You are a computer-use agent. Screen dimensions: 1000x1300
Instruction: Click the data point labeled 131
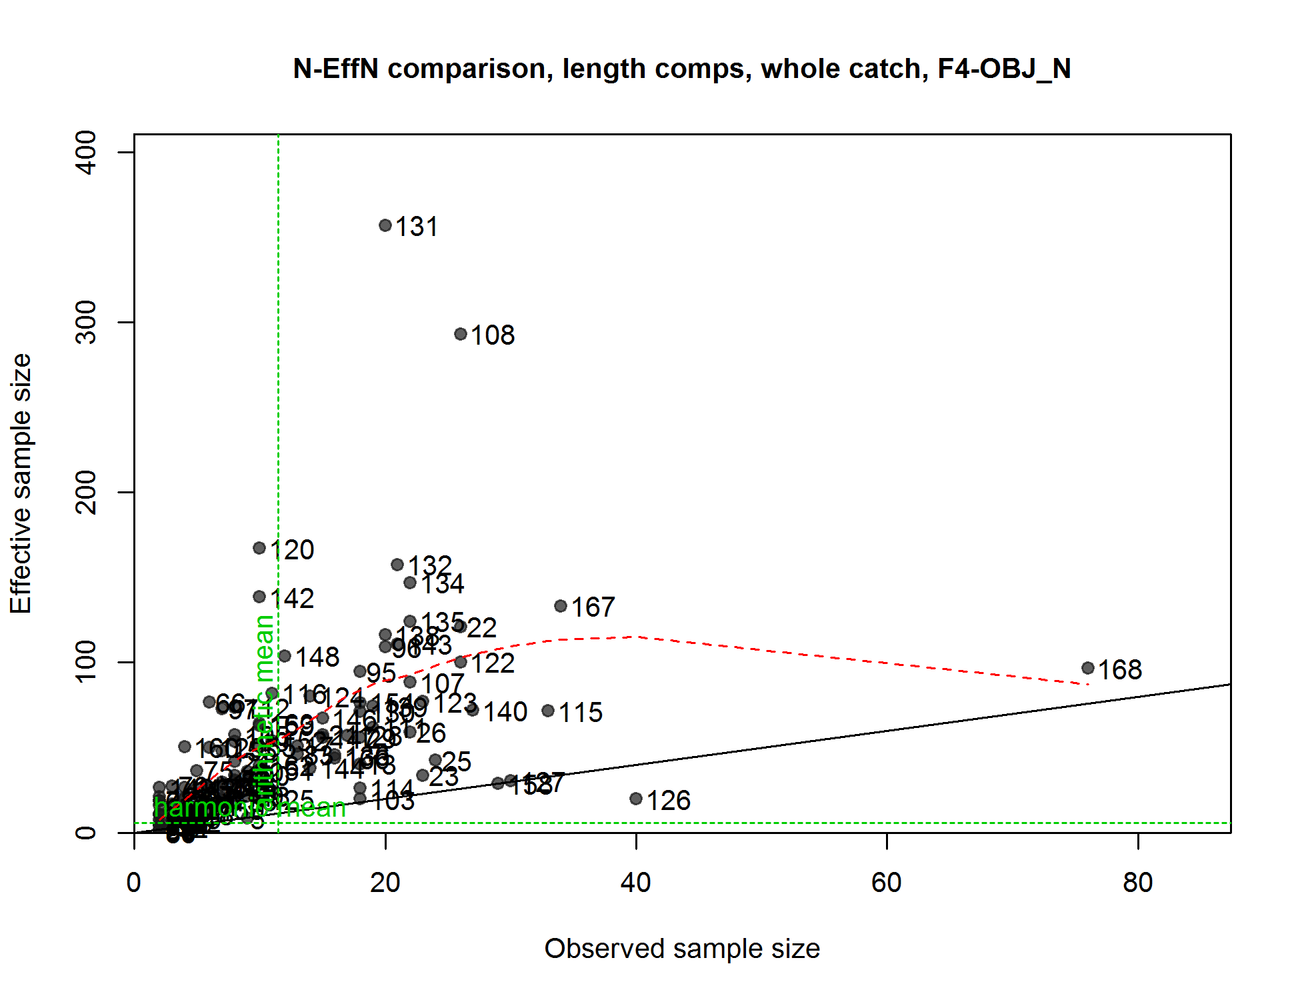pos(385,225)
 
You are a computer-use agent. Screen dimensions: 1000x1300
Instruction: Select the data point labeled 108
pos(461,334)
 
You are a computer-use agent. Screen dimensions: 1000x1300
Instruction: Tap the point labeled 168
pos(1088,668)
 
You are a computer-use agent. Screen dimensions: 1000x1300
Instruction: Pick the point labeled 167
pos(561,606)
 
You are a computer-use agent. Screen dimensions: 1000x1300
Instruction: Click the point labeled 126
pos(636,799)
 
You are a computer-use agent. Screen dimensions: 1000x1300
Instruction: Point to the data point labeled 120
pos(259,548)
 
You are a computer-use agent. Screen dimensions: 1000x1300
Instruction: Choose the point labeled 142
pos(259,597)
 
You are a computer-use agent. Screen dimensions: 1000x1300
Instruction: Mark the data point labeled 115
pos(548,711)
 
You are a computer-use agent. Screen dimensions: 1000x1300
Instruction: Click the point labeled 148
pos(285,656)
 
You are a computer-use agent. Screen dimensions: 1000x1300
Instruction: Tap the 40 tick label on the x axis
pos(636,883)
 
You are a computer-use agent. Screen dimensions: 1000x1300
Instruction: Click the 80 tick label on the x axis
pos(1138,883)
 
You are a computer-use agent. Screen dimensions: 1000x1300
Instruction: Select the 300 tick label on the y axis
pos(87,322)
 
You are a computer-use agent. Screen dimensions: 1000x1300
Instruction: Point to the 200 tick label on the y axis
pos(87,492)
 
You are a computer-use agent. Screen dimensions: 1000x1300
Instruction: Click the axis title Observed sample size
pos(682,949)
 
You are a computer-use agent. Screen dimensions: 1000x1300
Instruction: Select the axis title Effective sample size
pos(21,483)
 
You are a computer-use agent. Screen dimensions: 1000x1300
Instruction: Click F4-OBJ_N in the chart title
pos(1004,69)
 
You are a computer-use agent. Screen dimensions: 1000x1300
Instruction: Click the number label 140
pos(505,712)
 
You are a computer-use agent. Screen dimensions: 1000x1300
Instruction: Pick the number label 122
pos(493,663)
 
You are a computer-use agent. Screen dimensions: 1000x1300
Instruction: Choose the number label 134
pos(443,584)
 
